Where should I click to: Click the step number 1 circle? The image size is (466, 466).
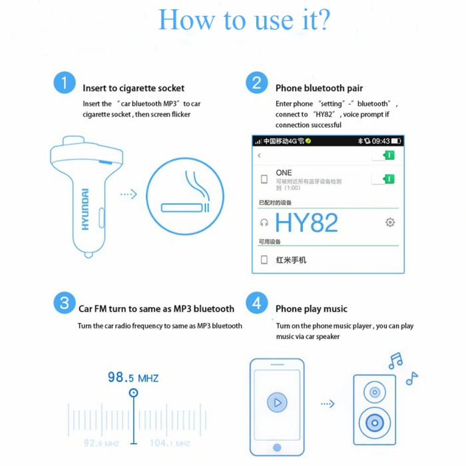(x=64, y=84)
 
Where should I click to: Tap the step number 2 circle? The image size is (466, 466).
(x=256, y=83)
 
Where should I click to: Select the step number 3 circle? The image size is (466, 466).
(x=64, y=304)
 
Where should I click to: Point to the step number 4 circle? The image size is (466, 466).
(x=256, y=304)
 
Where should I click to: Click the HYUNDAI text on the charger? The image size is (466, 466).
(x=85, y=209)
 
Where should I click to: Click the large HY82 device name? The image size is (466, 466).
(x=306, y=222)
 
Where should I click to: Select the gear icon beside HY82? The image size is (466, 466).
(x=390, y=222)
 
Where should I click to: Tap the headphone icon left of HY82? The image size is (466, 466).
(x=264, y=223)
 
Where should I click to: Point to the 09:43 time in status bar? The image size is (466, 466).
(x=381, y=141)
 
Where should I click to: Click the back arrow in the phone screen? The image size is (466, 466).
(x=260, y=156)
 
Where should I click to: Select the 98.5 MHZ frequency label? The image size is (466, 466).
(x=133, y=377)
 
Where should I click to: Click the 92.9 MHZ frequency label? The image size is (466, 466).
(x=101, y=443)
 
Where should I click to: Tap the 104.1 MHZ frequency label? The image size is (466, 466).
(x=170, y=443)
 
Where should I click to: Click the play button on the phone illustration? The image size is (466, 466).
(x=277, y=403)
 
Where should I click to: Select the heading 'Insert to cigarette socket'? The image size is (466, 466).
(x=133, y=88)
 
